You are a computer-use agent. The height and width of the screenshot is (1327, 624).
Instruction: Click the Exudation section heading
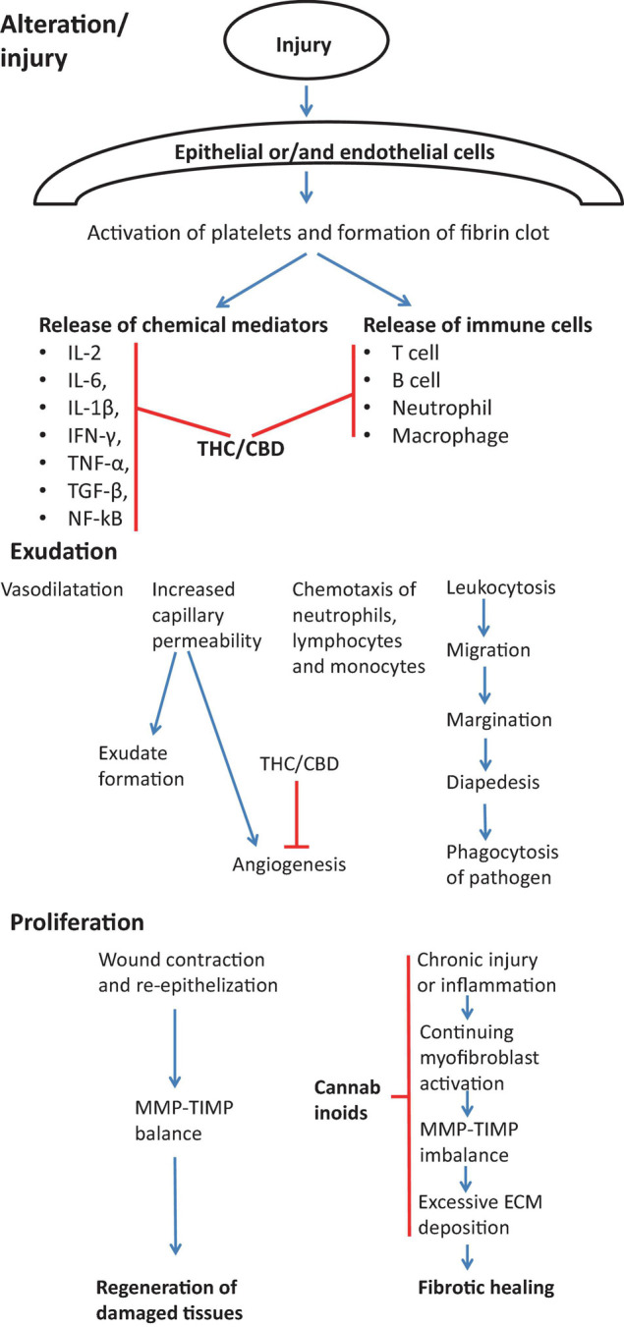coord(65,552)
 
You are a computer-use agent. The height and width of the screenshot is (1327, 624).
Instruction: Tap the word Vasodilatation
coord(62,590)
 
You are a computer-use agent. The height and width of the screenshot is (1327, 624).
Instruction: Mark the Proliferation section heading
coord(78,924)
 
